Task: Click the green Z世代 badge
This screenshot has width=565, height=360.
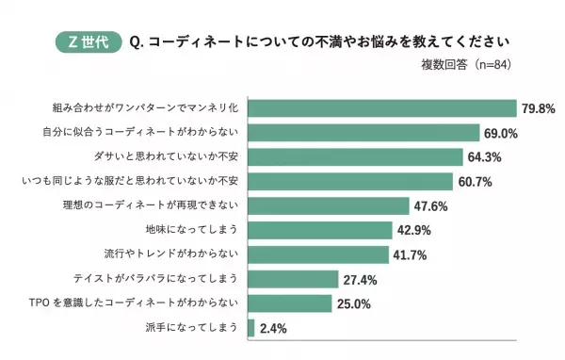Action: (88, 42)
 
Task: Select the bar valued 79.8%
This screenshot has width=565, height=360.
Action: (381, 107)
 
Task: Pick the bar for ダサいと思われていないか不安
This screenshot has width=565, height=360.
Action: (355, 156)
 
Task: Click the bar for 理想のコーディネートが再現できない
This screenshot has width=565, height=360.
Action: (329, 205)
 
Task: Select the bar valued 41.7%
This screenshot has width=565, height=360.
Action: (317, 254)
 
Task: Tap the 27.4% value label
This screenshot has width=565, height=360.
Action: (363, 280)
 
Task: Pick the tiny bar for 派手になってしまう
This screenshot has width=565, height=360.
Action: (250, 328)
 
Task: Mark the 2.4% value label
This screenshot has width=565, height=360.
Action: (274, 329)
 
